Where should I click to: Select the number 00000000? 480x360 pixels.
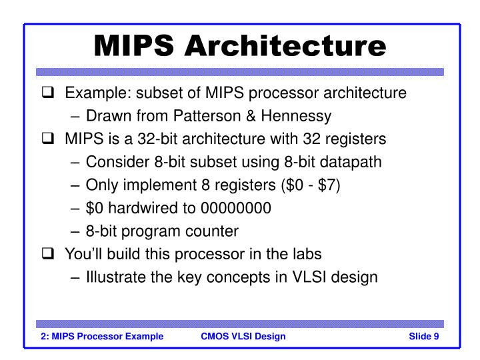(236, 207)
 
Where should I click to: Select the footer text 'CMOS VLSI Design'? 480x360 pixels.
(243, 336)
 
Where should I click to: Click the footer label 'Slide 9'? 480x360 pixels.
(423, 336)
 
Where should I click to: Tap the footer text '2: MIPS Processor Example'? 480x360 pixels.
(99, 336)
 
